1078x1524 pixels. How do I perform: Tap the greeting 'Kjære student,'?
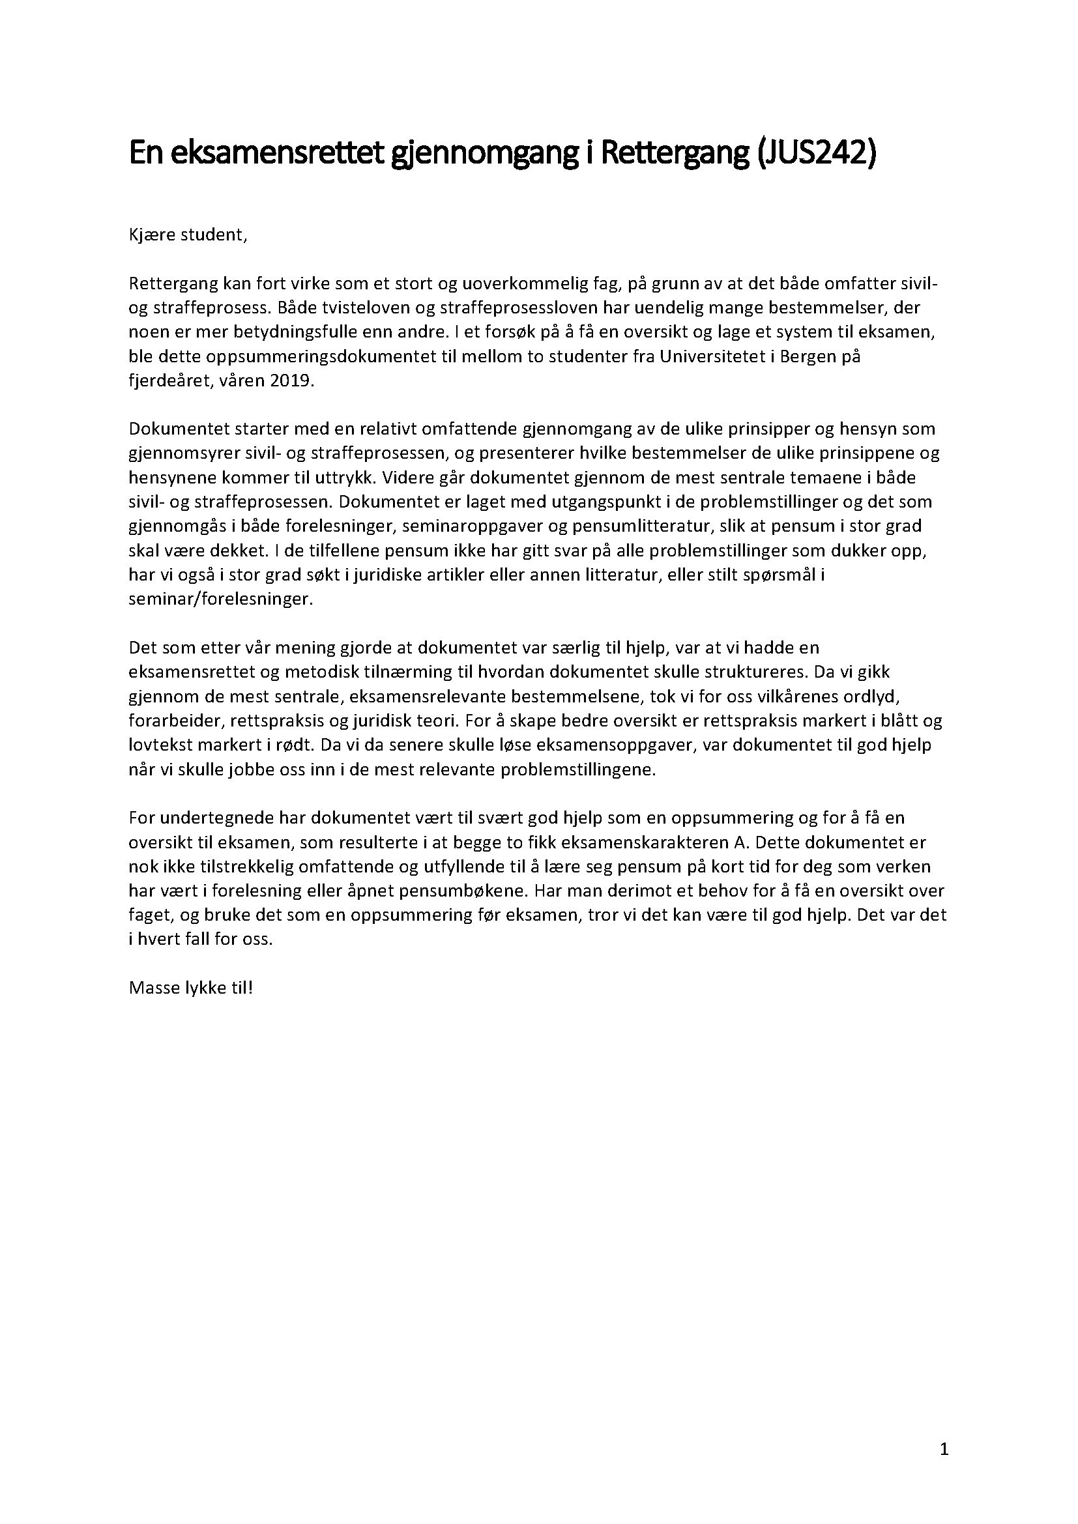[x=188, y=236]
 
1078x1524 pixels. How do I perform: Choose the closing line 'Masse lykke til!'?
[x=190, y=987]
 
